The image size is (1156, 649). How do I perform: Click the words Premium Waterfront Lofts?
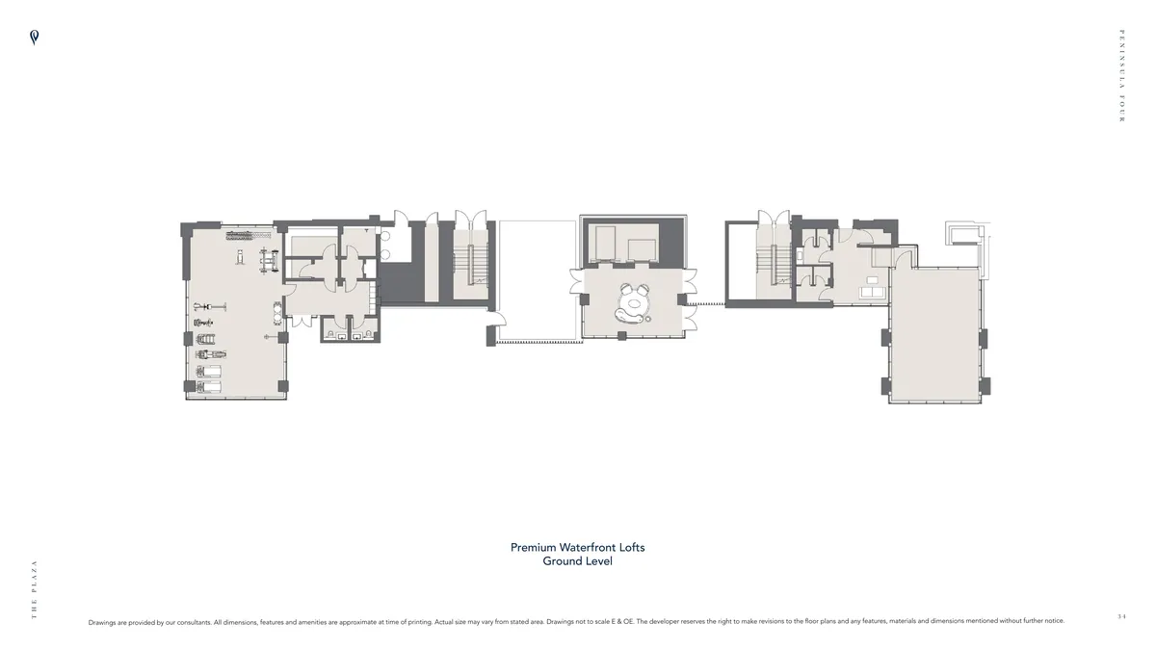(577, 547)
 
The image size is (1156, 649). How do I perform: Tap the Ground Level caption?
(577, 561)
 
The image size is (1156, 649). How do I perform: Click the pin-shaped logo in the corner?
(34, 38)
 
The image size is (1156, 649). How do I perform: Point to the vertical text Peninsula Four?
(1121, 76)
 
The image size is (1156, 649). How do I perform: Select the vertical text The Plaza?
(34, 589)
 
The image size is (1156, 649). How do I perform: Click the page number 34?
(1121, 616)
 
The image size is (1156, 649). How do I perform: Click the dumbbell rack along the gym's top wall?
(249, 235)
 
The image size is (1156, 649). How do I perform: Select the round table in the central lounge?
(634, 303)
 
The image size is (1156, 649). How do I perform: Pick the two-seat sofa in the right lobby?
(872, 293)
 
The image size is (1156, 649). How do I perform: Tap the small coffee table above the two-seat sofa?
(872, 280)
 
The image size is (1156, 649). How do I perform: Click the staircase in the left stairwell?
(470, 264)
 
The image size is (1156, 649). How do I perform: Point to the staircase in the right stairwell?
(774, 264)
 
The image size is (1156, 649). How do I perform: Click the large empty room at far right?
(934, 334)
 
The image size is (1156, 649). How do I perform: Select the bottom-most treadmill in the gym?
(208, 387)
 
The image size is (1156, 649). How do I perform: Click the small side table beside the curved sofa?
(648, 319)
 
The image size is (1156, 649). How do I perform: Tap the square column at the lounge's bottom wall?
(622, 336)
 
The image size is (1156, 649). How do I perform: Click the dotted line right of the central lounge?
(706, 304)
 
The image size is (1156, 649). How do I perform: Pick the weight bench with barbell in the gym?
(269, 260)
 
